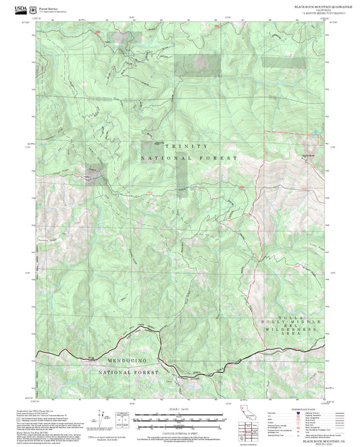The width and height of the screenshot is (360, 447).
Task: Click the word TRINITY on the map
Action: [x=188, y=145]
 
